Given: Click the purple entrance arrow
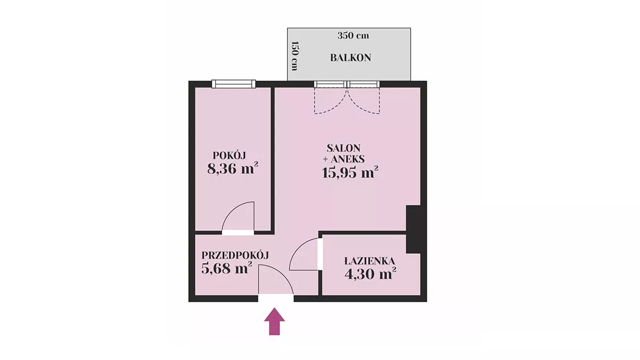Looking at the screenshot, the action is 274,321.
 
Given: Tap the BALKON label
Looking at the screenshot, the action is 350,58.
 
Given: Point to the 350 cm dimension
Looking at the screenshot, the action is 353,36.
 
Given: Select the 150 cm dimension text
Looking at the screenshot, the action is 294,56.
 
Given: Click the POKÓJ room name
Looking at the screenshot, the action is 229,155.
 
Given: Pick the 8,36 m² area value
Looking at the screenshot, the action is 233,169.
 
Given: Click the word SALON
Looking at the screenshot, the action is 343,148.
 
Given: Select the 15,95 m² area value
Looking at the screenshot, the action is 350,172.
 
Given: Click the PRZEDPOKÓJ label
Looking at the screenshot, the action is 235,255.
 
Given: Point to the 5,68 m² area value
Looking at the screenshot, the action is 227,268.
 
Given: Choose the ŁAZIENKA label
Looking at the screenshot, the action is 370,261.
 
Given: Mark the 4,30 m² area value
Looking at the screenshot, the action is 370,274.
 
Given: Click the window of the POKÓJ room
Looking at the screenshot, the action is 234,84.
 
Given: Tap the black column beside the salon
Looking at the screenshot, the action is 413,229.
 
